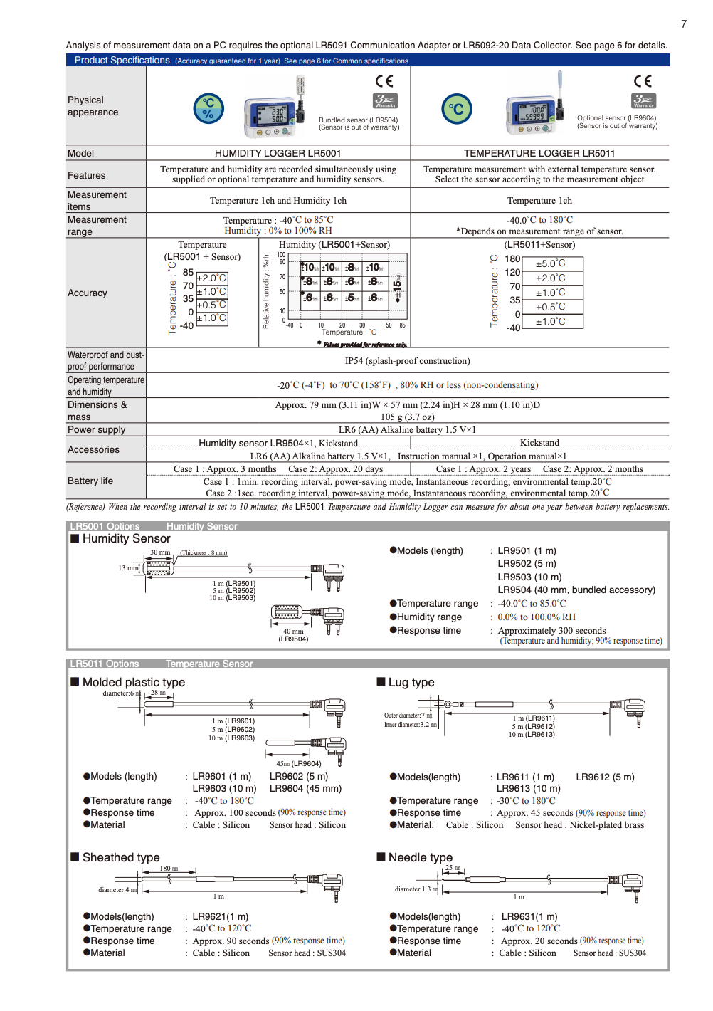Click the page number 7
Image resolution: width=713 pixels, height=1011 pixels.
click(x=684, y=24)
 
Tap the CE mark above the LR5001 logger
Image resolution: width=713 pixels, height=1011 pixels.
click(x=384, y=81)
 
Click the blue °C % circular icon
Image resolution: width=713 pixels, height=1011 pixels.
click(x=208, y=109)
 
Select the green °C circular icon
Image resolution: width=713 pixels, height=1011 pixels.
click(x=457, y=109)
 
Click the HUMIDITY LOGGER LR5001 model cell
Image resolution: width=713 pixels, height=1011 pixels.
click(x=278, y=153)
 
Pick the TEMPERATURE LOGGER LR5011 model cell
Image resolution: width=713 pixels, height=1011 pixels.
click(x=539, y=153)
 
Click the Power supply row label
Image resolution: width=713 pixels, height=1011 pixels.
click(x=96, y=429)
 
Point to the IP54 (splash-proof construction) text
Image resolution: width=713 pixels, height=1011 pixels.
click(x=407, y=361)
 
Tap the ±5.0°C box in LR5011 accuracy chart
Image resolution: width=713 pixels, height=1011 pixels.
click(x=551, y=263)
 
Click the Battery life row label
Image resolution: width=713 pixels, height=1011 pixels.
click(x=90, y=481)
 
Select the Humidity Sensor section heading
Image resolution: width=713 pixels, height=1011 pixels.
click(x=126, y=539)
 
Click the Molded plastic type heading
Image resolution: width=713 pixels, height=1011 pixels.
click(x=133, y=682)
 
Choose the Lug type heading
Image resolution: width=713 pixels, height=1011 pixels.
click(x=411, y=682)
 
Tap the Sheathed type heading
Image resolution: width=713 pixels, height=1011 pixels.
click(x=120, y=857)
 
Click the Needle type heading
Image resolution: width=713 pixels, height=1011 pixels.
click(x=420, y=857)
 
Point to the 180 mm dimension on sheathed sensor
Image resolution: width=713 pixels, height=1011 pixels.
click(x=168, y=869)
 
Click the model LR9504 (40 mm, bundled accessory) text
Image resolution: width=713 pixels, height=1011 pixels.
click(x=576, y=590)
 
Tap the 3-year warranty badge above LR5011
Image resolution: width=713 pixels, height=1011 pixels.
click(x=643, y=100)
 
